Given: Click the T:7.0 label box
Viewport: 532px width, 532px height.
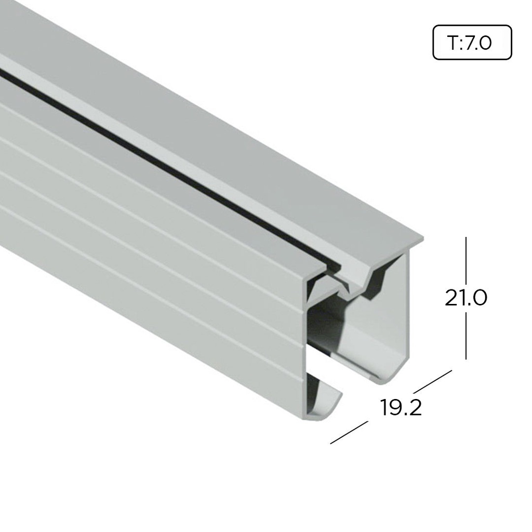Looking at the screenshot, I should [x=472, y=42].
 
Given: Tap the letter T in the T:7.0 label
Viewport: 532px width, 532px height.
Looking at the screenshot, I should [x=451, y=43].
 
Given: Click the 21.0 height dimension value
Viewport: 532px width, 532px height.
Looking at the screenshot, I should [x=465, y=298].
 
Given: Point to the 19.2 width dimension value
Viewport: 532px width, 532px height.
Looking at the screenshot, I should [x=401, y=408].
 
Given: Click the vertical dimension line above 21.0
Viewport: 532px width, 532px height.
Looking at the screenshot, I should [x=466, y=260].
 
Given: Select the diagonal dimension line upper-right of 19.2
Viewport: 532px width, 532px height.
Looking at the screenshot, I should [x=432, y=381].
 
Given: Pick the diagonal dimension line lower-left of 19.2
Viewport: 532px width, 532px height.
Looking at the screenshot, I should [x=349, y=432].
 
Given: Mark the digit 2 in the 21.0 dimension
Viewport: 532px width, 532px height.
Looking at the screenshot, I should [x=451, y=298].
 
